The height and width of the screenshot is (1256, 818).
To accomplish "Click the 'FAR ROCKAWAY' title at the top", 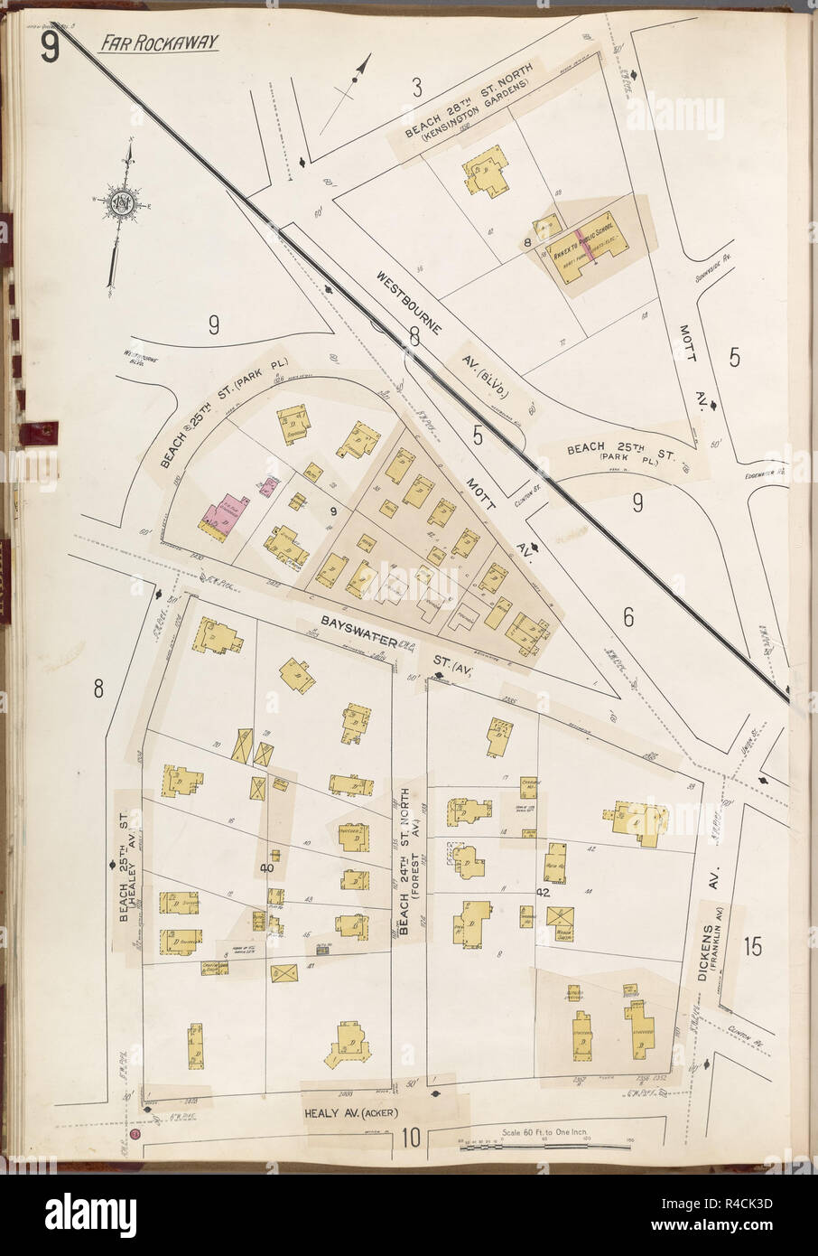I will [160, 42].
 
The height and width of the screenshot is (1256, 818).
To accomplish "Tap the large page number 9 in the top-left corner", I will [49, 51].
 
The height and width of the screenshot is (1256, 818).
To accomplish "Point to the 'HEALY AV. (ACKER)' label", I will [346, 1113].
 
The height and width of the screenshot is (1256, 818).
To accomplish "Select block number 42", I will [543, 892].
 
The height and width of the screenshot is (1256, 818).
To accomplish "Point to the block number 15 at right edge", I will [753, 948].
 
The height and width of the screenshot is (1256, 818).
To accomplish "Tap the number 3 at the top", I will [416, 89].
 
